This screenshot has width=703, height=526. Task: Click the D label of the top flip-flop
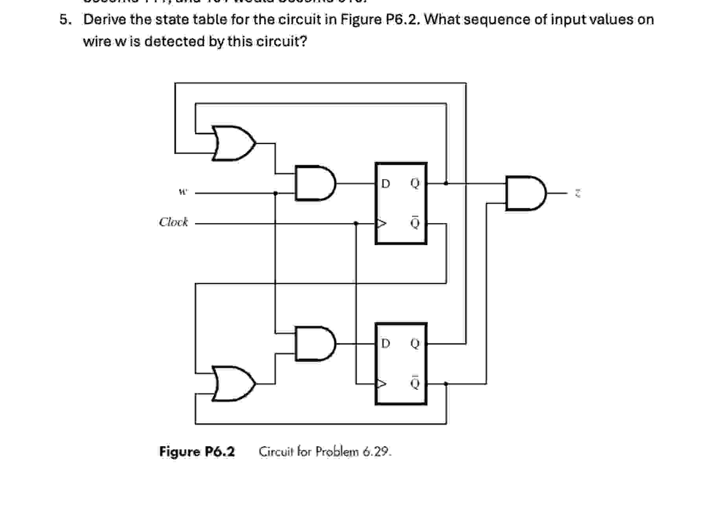(386, 183)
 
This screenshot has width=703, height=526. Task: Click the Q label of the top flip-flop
(415, 183)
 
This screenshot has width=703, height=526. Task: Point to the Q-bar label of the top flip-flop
(415, 222)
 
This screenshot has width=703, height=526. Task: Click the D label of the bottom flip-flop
(386, 344)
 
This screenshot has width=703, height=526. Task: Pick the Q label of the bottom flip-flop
(415, 344)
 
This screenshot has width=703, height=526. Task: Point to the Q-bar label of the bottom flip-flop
(415, 382)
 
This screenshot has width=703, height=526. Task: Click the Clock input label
(173, 222)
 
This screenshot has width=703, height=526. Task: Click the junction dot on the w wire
(275, 193)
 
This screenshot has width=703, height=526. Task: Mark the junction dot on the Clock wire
(356, 224)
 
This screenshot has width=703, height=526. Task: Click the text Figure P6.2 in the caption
(197, 452)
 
